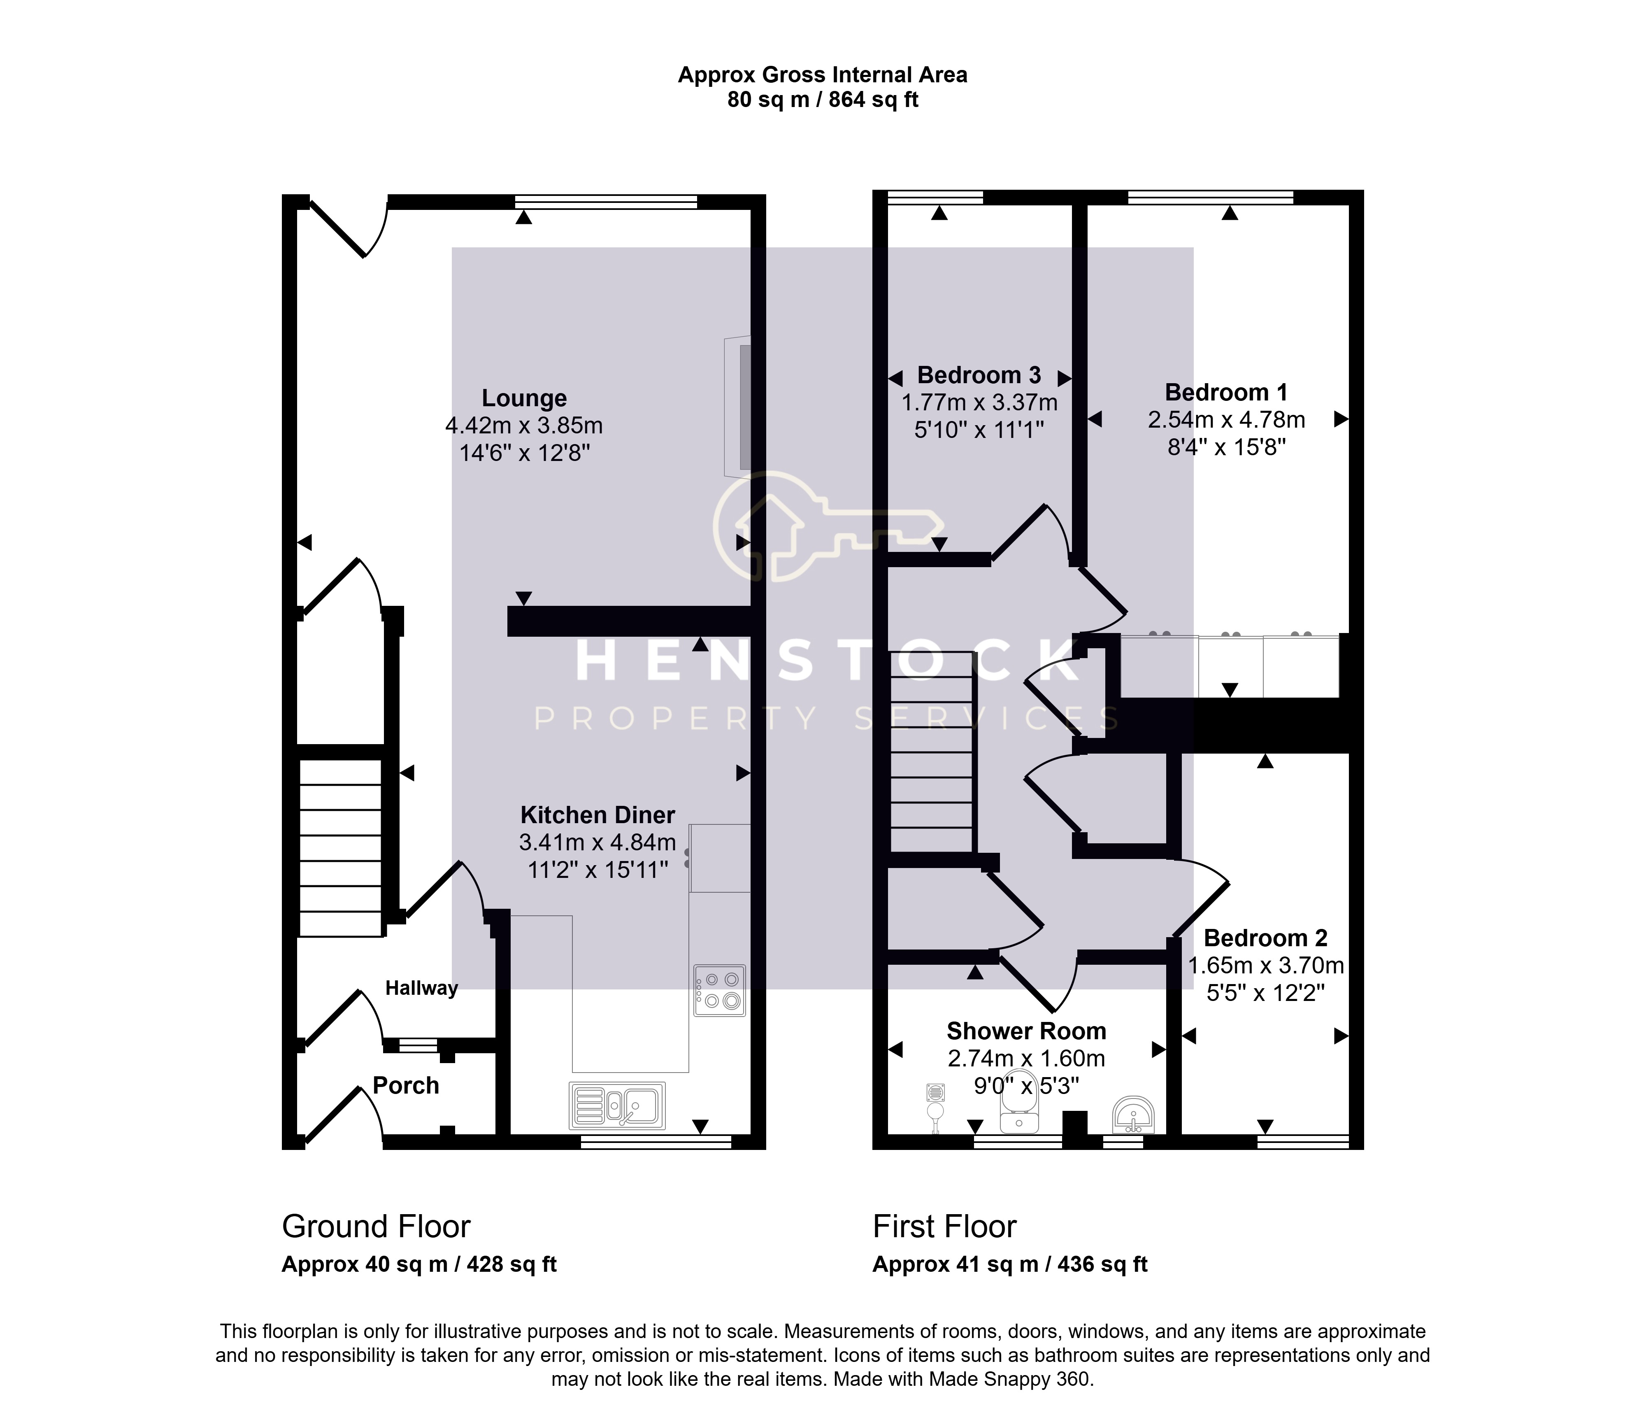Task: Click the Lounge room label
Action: click(524, 398)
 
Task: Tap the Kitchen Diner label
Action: click(597, 815)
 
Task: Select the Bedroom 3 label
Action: click(979, 375)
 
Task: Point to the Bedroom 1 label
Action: click(1226, 393)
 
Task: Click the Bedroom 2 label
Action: click(1265, 938)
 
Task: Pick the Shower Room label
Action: click(1026, 1031)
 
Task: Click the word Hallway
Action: click(422, 988)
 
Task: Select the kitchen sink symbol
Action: click(617, 1105)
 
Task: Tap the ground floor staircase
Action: click(340, 847)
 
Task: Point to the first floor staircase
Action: click(932, 752)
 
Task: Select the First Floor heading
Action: click(944, 1227)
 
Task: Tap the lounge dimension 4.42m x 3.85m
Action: click(524, 426)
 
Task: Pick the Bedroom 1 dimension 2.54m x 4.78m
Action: click(1226, 419)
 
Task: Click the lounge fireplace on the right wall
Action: click(738, 407)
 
